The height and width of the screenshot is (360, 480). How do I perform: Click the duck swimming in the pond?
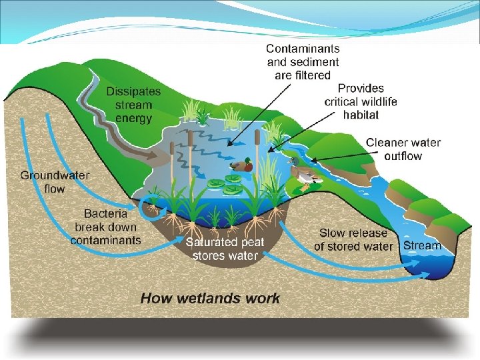click(x=241, y=165)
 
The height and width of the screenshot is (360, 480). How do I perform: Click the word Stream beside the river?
click(x=422, y=245)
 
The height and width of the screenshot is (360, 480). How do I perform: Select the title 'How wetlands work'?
click(x=210, y=298)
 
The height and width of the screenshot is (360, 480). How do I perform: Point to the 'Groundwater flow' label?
click(x=55, y=182)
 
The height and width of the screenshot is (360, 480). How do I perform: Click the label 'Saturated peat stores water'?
click(x=225, y=249)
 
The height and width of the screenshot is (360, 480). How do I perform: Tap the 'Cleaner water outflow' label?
click(x=403, y=149)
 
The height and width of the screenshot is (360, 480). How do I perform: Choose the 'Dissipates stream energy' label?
click(x=129, y=105)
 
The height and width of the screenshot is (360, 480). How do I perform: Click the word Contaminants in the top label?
click(x=303, y=48)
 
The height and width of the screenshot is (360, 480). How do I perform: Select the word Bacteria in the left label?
click(x=106, y=213)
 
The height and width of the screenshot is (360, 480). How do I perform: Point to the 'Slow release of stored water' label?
click(x=353, y=239)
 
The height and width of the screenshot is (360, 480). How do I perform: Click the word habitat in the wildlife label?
click(x=361, y=115)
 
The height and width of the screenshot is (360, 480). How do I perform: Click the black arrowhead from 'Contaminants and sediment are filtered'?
click(x=229, y=143)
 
